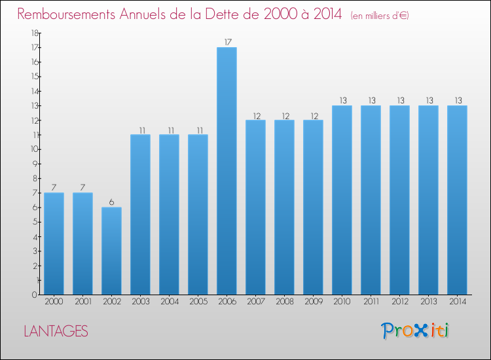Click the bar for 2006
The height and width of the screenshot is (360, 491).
(x=227, y=171)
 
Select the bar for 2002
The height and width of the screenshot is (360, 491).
(x=111, y=251)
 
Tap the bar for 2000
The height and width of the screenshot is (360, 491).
(x=54, y=243)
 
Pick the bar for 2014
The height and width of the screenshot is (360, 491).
(x=457, y=200)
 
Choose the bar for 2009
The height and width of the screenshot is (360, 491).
(x=313, y=207)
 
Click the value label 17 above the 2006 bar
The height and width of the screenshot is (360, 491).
(x=227, y=43)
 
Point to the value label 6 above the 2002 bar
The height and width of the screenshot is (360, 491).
(x=111, y=202)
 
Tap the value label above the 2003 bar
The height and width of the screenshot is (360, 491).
(x=140, y=130)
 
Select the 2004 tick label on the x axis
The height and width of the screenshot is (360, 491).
(x=169, y=302)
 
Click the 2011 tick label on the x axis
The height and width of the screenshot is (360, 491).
(x=371, y=302)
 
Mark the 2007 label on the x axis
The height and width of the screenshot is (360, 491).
(x=255, y=302)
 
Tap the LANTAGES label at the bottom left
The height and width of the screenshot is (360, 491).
(x=56, y=331)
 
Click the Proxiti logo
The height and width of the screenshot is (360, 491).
(x=414, y=331)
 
